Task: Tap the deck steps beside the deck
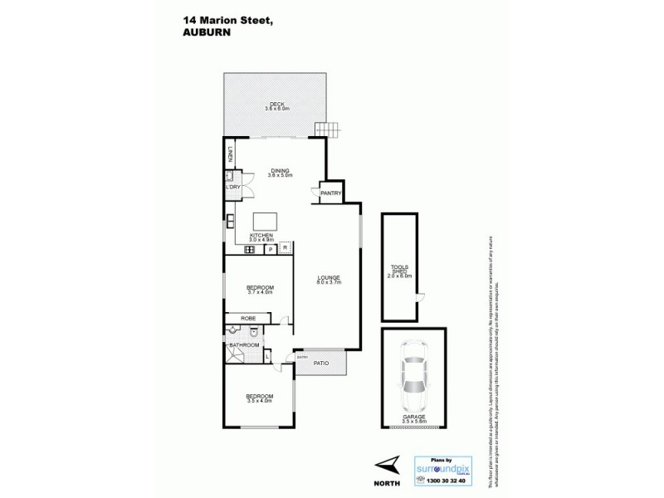tap(327, 129)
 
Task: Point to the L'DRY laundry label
tap(232, 188)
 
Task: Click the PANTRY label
tap(331, 193)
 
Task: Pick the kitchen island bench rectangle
tap(266, 221)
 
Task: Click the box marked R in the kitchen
tap(285, 247)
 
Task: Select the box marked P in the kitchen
tap(270, 247)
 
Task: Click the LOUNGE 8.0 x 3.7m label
tap(329, 280)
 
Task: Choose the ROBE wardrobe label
tap(248, 318)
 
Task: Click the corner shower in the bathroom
tap(233, 356)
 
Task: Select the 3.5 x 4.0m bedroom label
tap(259, 399)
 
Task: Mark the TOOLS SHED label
tap(400, 271)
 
